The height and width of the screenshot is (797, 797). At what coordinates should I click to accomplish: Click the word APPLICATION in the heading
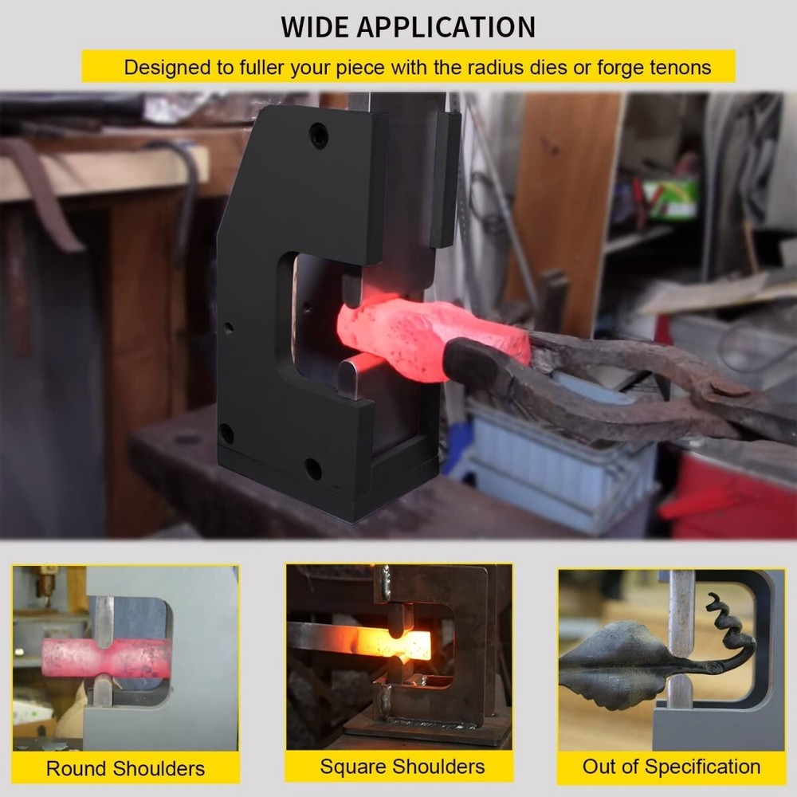[446, 27]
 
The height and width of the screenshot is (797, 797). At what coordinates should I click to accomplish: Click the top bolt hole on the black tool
[319, 135]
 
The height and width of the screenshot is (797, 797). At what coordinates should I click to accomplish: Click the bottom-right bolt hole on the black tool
[313, 469]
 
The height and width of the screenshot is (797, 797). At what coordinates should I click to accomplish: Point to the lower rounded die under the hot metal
[350, 377]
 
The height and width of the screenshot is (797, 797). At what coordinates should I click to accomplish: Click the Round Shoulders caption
[126, 768]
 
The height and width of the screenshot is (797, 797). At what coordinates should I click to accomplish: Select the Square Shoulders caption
[402, 767]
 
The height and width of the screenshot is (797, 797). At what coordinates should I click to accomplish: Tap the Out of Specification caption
[671, 767]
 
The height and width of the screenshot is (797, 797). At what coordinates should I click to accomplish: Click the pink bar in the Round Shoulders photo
[102, 656]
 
